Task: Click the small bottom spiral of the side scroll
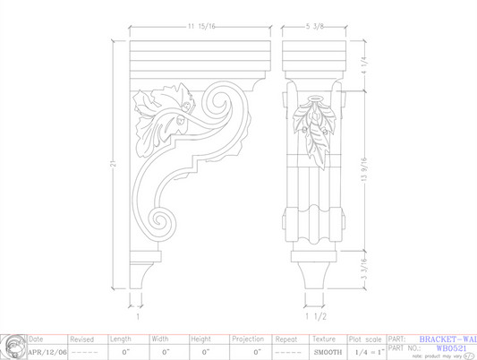tap(162, 220)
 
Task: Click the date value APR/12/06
tap(47, 352)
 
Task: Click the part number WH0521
tap(448, 347)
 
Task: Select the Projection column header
tap(248, 339)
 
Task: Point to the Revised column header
tap(81, 339)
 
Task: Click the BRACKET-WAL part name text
tap(447, 339)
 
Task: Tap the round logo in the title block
tap(13, 346)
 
